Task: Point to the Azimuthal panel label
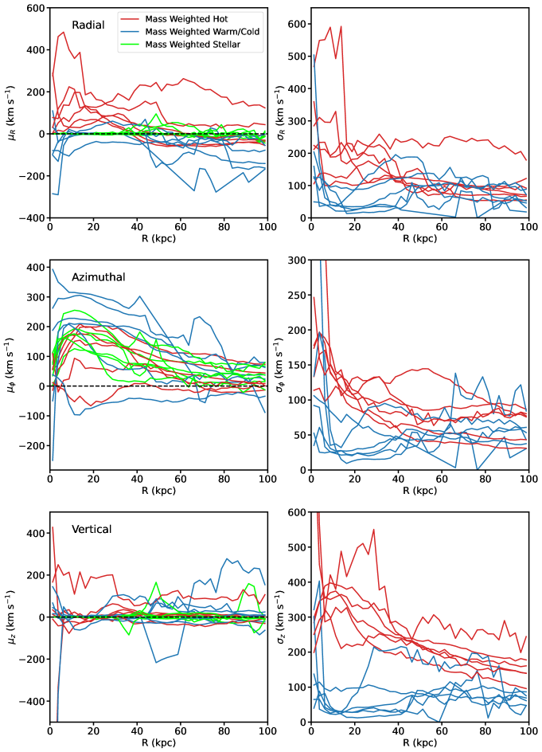point(99,278)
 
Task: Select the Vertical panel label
point(92,528)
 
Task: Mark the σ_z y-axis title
point(285,617)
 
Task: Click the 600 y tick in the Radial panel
point(34,8)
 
